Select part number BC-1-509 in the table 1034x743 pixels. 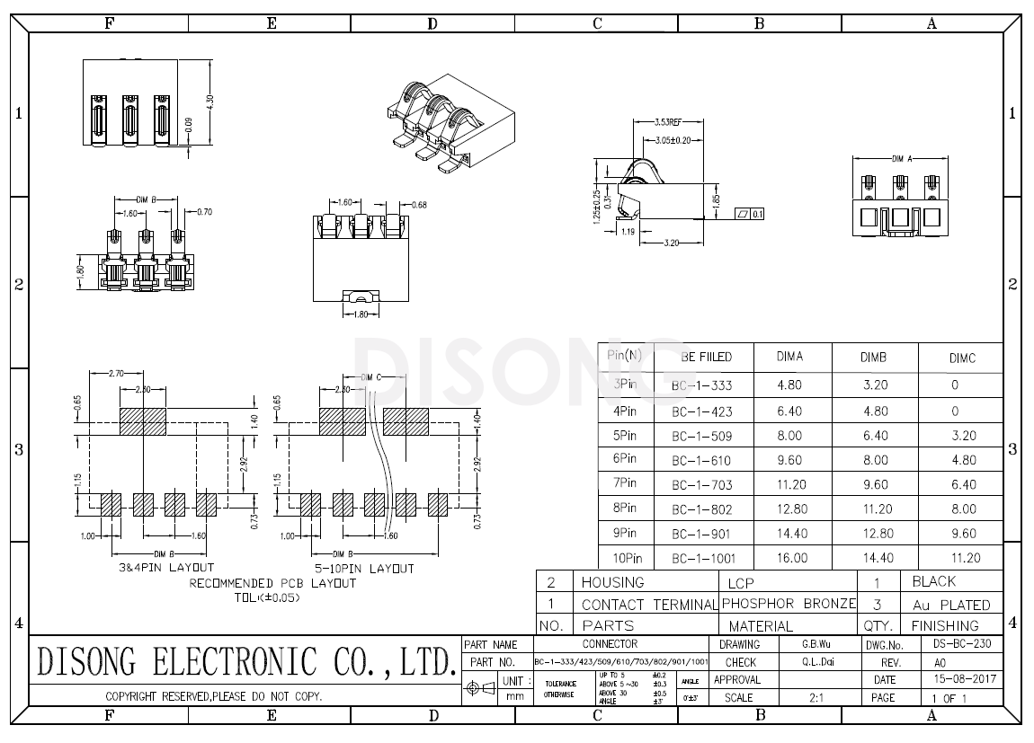702,437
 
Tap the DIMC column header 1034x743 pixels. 962,358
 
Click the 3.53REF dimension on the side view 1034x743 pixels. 667,121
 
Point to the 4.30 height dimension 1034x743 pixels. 209,102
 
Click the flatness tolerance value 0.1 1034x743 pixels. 758,214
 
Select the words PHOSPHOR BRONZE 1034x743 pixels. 789,604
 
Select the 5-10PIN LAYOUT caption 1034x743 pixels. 364,569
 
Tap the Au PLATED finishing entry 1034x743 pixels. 950,605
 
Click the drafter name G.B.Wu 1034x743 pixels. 816,644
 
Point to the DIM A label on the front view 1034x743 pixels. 902,158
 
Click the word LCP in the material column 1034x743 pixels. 741,583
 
